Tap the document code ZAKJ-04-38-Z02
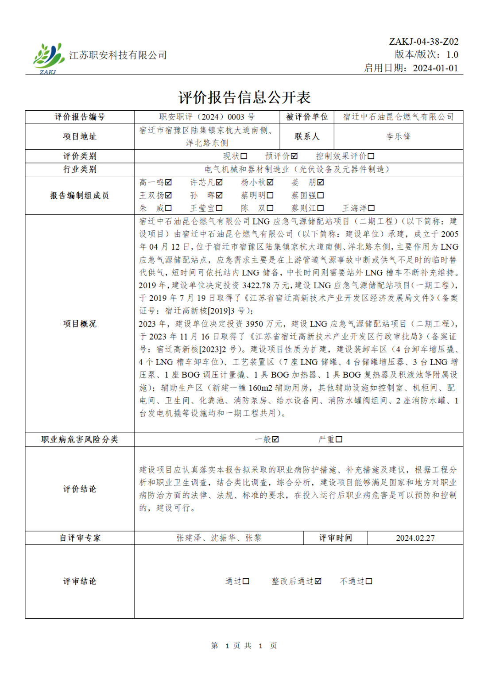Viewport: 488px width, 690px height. tap(423, 42)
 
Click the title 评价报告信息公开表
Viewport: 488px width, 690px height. tap(244, 97)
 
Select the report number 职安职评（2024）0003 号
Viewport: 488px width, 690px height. tap(207, 117)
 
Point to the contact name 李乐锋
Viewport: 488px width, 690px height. tap(398, 136)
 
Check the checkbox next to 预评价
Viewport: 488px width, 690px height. tap(294, 156)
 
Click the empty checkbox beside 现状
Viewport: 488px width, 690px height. tap(244, 156)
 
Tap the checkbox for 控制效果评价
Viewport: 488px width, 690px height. tap(371, 156)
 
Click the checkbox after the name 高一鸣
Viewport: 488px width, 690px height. tap(168, 182)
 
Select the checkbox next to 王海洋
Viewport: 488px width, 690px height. tap(371, 208)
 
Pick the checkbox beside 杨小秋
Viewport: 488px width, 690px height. tap(270, 182)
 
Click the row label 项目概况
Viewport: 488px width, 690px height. tap(80, 324)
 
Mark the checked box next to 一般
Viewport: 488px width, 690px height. tap(275, 439)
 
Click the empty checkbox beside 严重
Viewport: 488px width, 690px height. tap(339, 439)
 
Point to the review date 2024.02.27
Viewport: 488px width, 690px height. tap(415, 538)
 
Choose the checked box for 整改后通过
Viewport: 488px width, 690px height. tap(318, 581)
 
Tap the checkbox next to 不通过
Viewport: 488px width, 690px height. tap(369, 581)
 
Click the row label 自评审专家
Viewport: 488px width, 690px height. tap(80, 538)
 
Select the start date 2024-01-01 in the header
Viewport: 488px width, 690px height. tap(435, 68)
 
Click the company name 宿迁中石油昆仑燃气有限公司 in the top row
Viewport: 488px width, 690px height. tap(398, 117)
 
